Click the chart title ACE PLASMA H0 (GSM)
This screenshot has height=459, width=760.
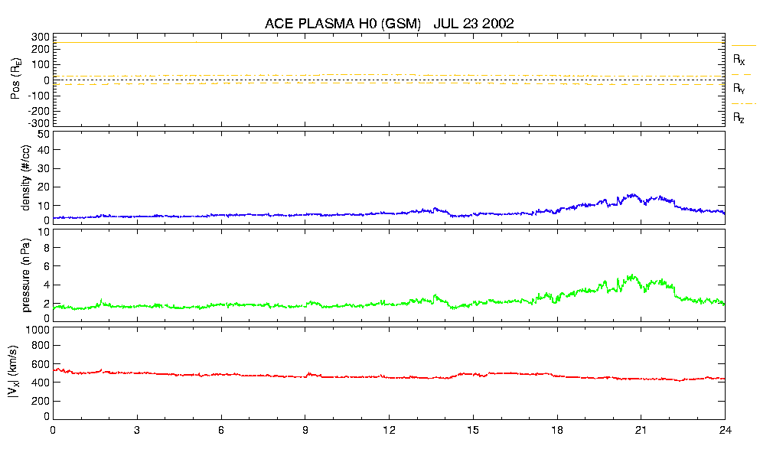(x=343, y=24)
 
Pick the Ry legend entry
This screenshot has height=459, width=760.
(x=739, y=89)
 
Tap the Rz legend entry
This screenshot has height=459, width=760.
(x=739, y=118)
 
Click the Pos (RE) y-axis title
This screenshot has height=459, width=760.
(x=15, y=80)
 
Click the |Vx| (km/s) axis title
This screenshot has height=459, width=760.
(x=15, y=373)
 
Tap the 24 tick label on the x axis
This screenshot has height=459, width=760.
(x=725, y=429)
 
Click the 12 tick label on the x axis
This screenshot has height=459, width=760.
(x=389, y=429)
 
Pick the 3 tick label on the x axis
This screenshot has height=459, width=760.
(x=137, y=429)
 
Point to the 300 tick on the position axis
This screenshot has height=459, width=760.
(x=41, y=37)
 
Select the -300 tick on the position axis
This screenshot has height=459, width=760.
(x=38, y=122)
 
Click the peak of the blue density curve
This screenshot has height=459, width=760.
(x=632, y=194)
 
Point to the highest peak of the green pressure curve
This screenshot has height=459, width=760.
(x=631, y=275)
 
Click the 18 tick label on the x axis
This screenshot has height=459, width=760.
(x=557, y=429)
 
